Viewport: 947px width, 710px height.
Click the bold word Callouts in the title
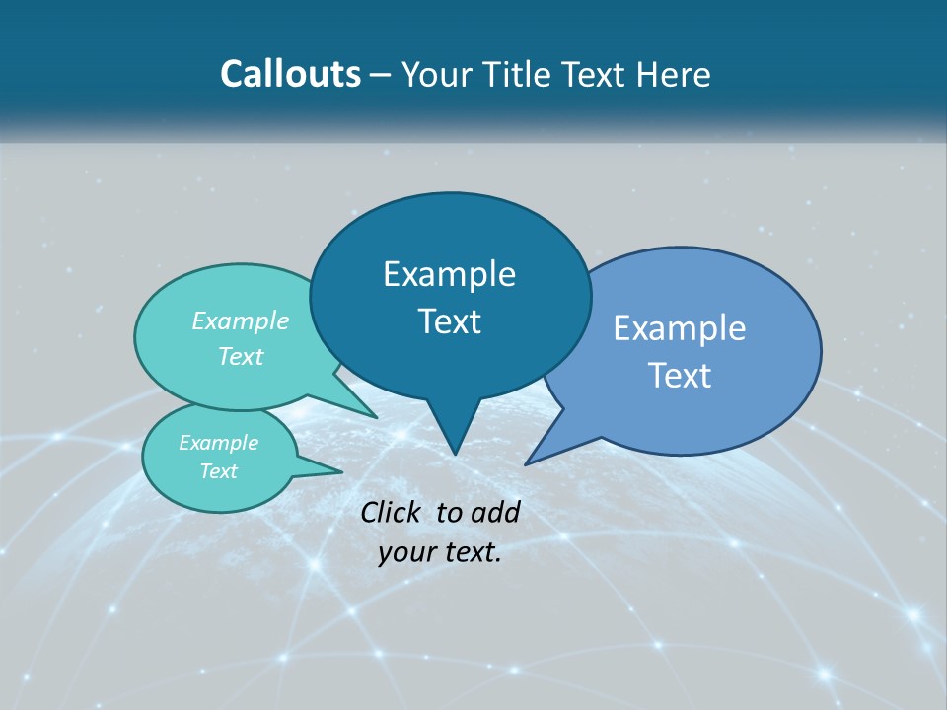click(x=291, y=74)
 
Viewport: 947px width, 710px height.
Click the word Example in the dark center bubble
click(x=449, y=274)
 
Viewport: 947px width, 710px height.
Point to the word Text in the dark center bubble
click(x=449, y=321)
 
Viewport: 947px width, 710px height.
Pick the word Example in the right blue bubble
click(x=680, y=328)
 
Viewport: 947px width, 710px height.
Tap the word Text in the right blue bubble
click(x=680, y=376)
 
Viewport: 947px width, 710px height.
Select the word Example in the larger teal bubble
click(x=241, y=320)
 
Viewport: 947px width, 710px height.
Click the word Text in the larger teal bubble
click(x=241, y=356)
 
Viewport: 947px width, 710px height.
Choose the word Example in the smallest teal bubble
click(x=219, y=443)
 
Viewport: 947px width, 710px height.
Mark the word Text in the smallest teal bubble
click(x=219, y=471)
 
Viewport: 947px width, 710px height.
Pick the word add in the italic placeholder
click(x=495, y=512)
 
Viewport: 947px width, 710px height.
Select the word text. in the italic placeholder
click(x=471, y=552)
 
